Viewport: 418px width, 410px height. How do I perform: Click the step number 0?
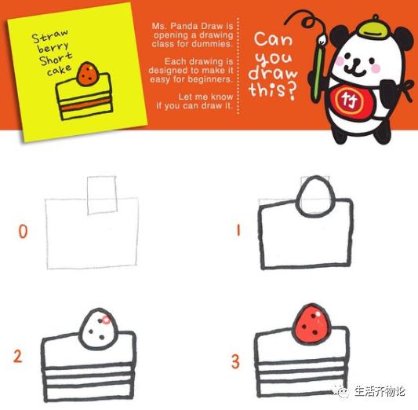[x=23, y=232]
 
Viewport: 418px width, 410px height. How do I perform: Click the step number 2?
[x=17, y=357]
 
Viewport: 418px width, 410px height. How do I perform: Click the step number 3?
[x=235, y=361]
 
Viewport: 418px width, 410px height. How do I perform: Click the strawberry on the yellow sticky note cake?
[x=86, y=74]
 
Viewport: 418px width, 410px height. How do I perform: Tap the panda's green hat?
[x=365, y=28]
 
